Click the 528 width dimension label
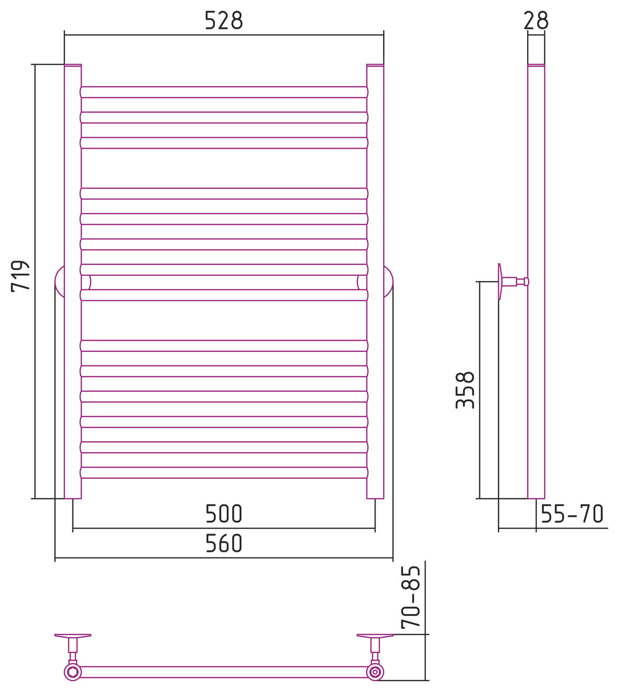coord(223,21)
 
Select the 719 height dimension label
coord(21,276)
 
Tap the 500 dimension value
coord(223,514)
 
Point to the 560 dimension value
coord(223,544)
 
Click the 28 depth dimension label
coord(536,21)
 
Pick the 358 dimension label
coord(465,390)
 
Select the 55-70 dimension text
coord(571,514)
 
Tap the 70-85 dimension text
coord(411,597)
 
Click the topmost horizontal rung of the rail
coord(223,92)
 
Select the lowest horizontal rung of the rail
coord(223,473)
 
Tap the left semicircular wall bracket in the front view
coord(60,282)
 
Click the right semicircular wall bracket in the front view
coord(388,282)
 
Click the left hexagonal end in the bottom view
coord(72,672)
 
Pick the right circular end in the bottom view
coord(374,672)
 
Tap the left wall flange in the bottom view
coord(73,636)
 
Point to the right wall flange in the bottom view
coord(374,636)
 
